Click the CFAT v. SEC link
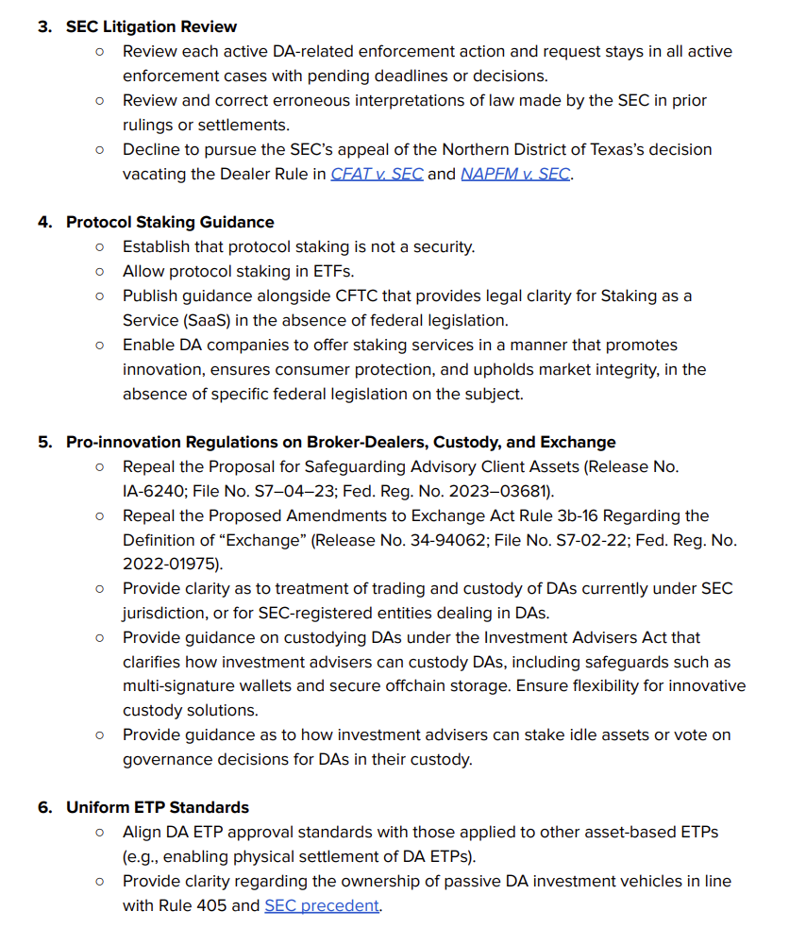[x=377, y=174]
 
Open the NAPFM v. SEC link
[x=514, y=174]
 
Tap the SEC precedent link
[x=322, y=905]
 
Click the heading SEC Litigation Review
[x=151, y=26]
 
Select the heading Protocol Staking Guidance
[x=170, y=222]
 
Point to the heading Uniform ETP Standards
[x=158, y=807]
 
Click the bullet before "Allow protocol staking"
[x=100, y=272]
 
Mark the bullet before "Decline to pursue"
[x=100, y=149]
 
